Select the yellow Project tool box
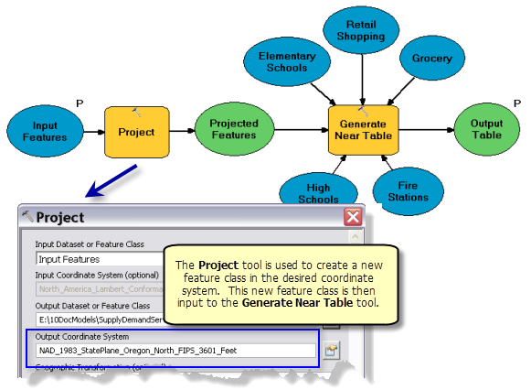click(x=136, y=131)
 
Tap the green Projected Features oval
click(x=234, y=130)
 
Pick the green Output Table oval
click(x=486, y=130)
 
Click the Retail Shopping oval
click(x=361, y=31)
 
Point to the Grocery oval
click(x=431, y=59)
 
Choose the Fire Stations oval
click(x=407, y=190)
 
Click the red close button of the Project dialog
click(x=352, y=217)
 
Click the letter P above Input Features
click(x=80, y=103)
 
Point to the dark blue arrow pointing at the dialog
click(x=111, y=180)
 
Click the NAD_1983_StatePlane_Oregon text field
click(x=175, y=350)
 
